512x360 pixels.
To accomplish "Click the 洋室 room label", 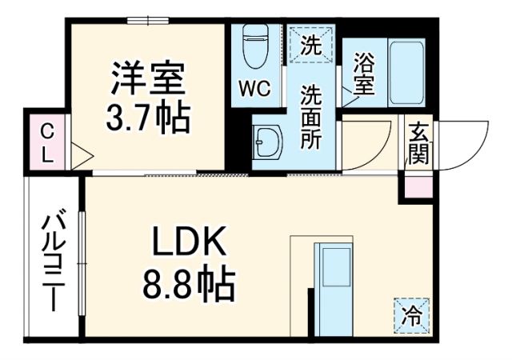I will (x=148, y=80).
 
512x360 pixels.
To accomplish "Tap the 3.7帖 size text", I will (x=148, y=118).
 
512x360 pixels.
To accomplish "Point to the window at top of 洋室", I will (x=148, y=20).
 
